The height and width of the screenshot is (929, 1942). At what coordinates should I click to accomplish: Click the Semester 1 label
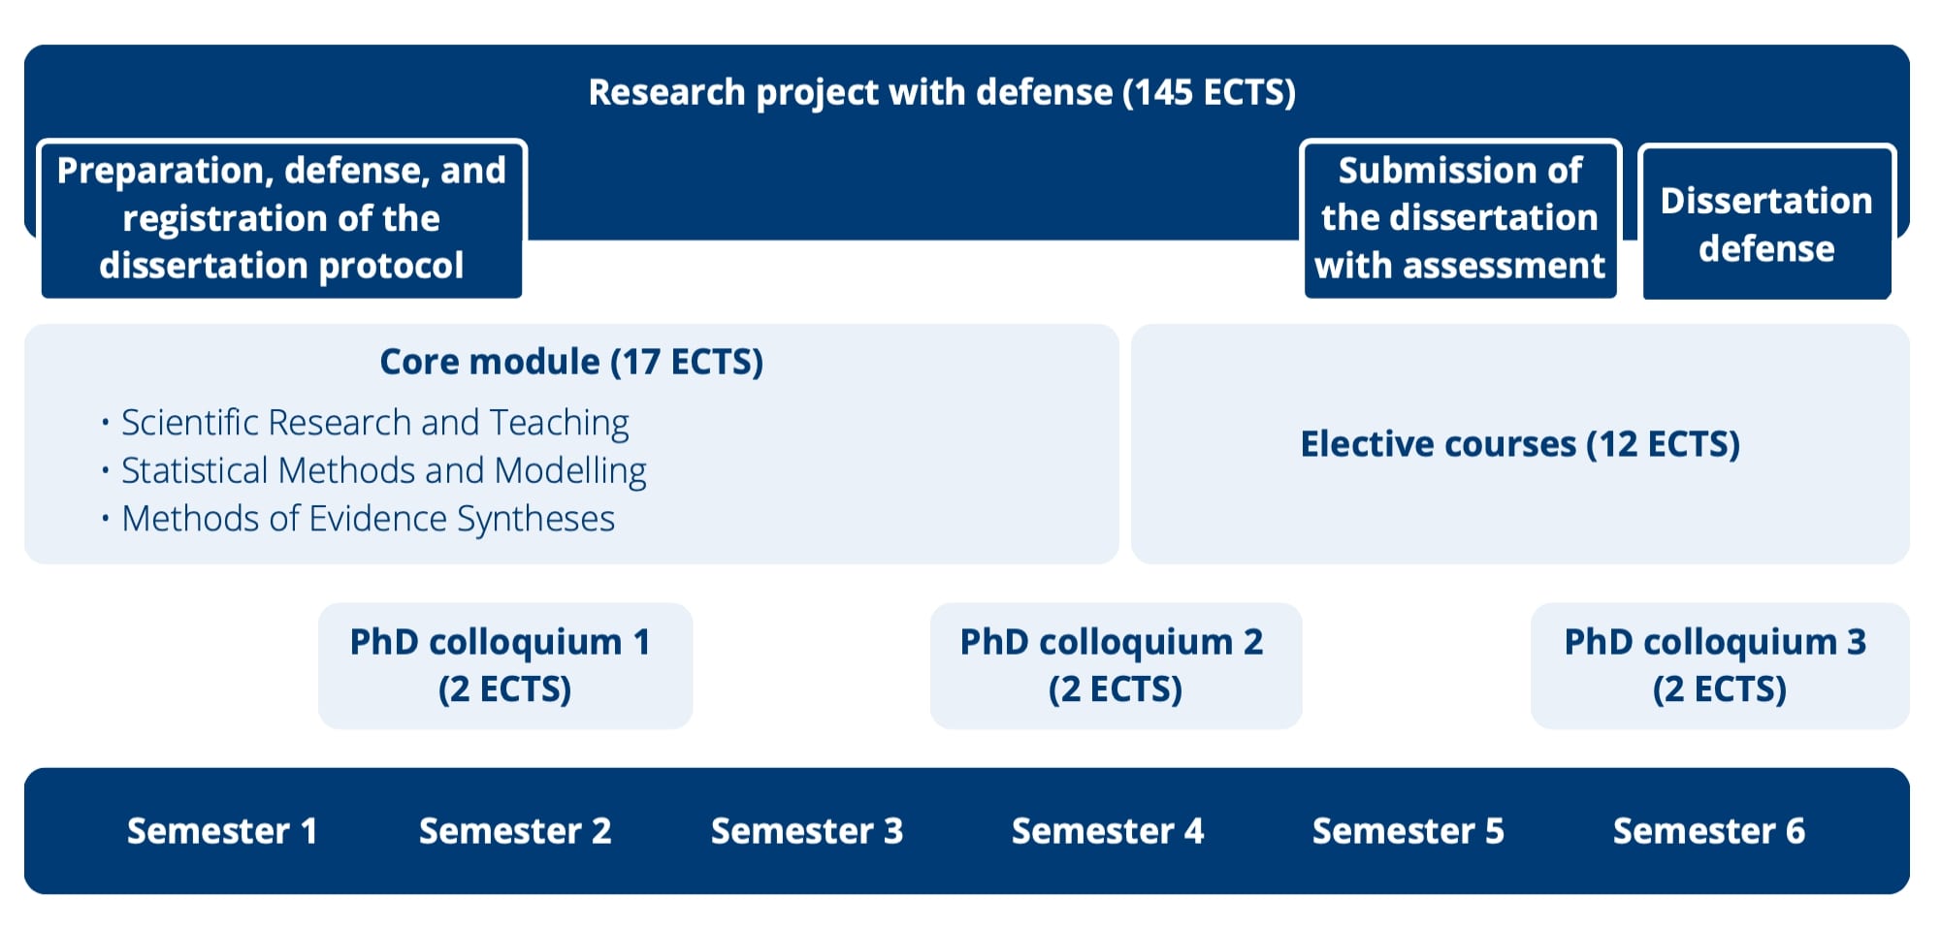pos(222,831)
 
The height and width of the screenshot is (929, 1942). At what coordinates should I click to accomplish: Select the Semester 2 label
pos(515,831)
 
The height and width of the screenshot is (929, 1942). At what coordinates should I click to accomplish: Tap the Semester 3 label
pos(807,831)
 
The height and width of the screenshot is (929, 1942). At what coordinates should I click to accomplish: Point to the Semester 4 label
pos(1108,831)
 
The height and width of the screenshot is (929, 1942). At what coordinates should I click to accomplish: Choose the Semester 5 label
pos(1408,831)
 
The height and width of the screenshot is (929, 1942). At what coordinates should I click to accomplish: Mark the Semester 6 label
pos(1708,831)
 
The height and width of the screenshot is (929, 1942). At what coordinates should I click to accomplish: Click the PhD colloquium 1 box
pos(504,665)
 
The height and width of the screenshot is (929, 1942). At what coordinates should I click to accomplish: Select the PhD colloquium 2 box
pos(1116,665)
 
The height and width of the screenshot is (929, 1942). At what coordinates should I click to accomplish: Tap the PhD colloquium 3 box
pos(1719,665)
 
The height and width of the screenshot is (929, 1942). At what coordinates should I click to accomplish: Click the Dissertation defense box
pos(1766,224)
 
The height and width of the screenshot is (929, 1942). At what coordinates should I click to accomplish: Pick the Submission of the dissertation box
pos(1460,218)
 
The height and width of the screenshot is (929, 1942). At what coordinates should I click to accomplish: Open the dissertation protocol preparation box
pos(281,218)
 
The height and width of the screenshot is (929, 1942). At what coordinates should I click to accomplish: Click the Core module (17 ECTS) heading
pos(571,362)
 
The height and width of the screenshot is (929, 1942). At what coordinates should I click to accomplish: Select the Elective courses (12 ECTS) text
pos(1520,444)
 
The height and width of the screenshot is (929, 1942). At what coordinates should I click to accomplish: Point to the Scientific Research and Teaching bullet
pos(374,423)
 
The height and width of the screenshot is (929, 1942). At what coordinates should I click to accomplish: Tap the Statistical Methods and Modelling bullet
pos(383,470)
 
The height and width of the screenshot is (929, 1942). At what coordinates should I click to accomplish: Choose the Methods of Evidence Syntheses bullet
pos(368,519)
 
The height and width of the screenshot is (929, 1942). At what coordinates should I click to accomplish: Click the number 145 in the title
pos(1163,92)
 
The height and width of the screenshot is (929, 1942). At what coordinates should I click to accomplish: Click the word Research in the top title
pos(666,92)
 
